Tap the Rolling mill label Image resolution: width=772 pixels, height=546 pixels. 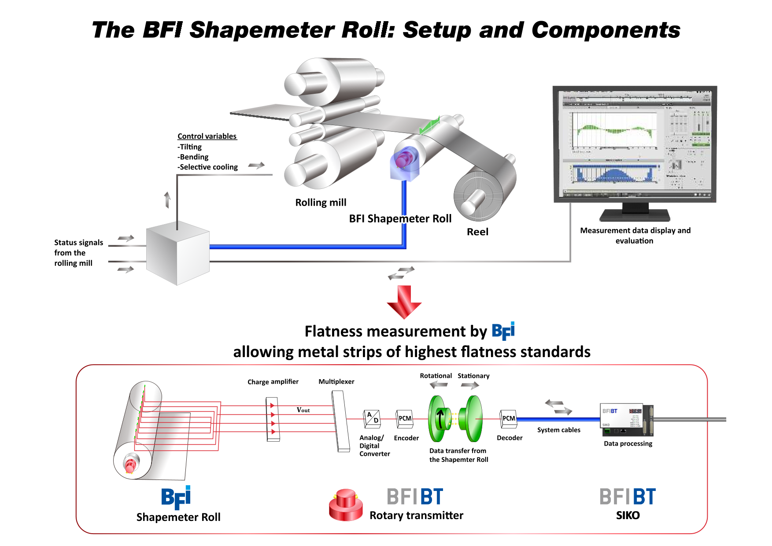pyautogui.click(x=321, y=203)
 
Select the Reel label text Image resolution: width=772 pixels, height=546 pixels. pyautogui.click(x=477, y=232)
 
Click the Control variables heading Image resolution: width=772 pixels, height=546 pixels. pyautogui.click(x=207, y=136)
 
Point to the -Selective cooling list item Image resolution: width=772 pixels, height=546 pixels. pyautogui.click(x=208, y=167)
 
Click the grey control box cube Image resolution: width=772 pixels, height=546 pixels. pyautogui.click(x=177, y=254)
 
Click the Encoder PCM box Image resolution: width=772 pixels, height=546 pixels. pyautogui.click(x=405, y=419)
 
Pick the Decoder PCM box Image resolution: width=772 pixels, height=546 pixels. pyautogui.click(x=509, y=419)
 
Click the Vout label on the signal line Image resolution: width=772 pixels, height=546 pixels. pyautogui.click(x=303, y=410)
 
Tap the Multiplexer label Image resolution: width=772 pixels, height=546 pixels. pyautogui.click(x=336, y=382)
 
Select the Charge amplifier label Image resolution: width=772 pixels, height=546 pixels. pyautogui.click(x=273, y=382)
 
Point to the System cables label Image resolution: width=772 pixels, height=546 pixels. pyautogui.click(x=558, y=430)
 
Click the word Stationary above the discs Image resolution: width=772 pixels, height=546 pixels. pyautogui.click(x=473, y=376)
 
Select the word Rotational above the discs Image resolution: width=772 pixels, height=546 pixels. pyautogui.click(x=436, y=376)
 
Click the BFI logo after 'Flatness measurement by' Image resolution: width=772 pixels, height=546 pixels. pyautogui.click(x=503, y=331)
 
